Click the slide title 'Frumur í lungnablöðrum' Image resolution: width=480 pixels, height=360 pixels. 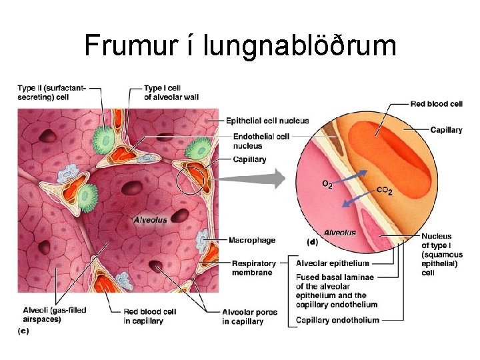[x=240, y=45]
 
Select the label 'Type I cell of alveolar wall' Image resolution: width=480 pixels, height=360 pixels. [x=171, y=93]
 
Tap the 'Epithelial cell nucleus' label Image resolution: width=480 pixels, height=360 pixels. [x=267, y=121]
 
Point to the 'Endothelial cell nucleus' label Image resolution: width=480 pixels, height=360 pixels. [x=261, y=141]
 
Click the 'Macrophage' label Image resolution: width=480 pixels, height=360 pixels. [x=252, y=240]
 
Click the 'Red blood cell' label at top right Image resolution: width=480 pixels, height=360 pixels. [x=437, y=104]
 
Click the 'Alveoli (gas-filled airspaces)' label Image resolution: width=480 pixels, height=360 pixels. [x=55, y=315]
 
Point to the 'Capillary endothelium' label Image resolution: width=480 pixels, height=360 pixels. [x=338, y=320]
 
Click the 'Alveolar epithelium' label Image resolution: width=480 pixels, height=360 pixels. [x=333, y=263]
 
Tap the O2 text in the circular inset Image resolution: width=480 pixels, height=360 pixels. [x=328, y=183]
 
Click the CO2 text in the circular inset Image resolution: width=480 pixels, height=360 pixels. [x=385, y=191]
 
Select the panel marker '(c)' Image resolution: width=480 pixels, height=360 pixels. [x=23, y=331]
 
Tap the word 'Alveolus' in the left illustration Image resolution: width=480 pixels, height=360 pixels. [x=151, y=219]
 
